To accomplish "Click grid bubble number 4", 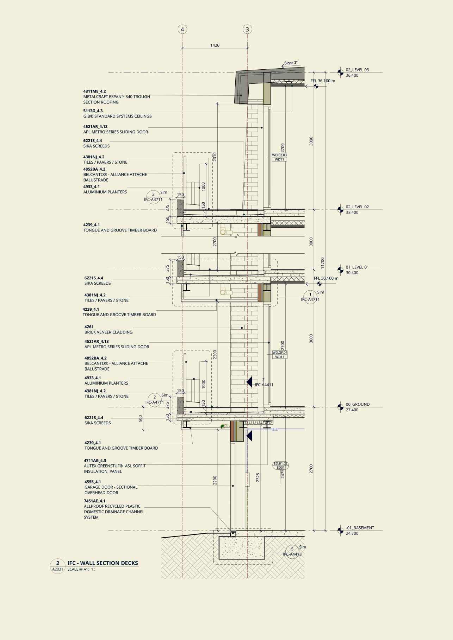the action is coord(182,30).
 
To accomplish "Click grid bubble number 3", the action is coord(247,30).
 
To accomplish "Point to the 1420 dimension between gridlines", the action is coord(215,45).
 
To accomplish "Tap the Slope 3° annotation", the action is coord(291,63).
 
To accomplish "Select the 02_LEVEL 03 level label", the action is coord(357,70).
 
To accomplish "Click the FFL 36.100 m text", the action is coord(323,81).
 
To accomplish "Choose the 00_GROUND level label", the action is coord(358,404).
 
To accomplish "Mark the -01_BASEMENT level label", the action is coord(360,528).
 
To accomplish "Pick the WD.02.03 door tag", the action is coord(279,155).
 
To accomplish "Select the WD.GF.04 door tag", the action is coord(280,353).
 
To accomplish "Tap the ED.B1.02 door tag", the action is coord(280,463).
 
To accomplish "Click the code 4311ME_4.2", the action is coord(94,91).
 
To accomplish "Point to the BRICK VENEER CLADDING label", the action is coord(108,332).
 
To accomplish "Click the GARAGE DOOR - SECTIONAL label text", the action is coord(111,487).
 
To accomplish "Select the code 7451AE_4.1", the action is coord(94,501).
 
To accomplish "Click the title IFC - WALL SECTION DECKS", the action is coord(103,563).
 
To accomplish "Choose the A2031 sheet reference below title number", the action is coord(58,569).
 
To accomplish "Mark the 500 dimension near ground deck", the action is coord(141,418).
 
